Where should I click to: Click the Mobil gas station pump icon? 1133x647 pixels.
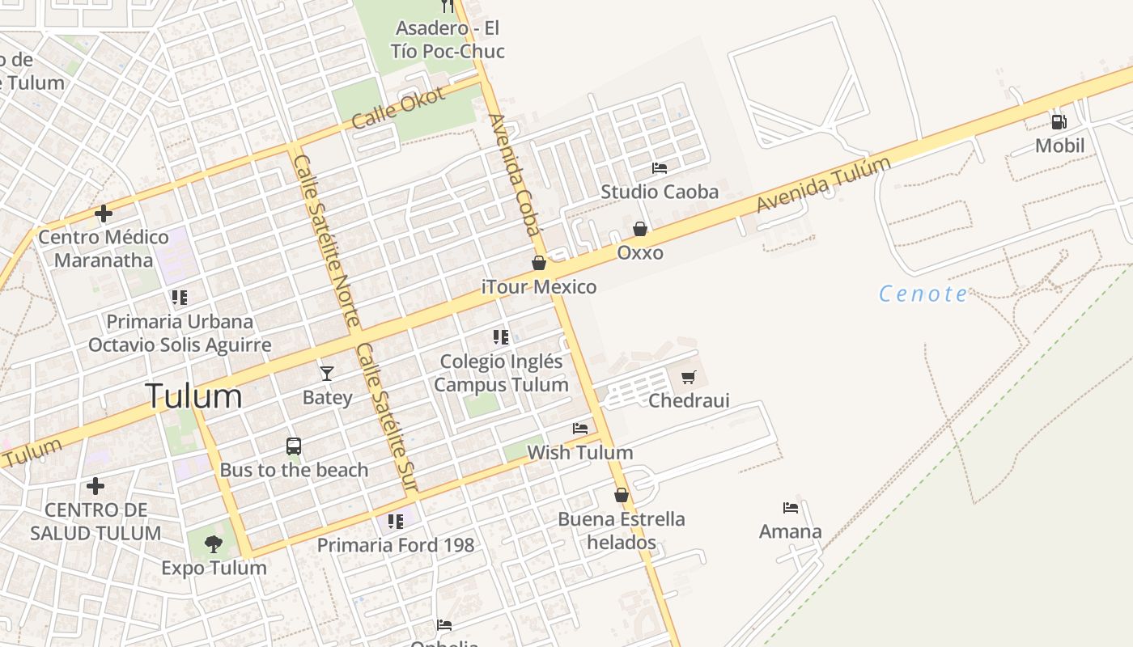pyautogui.click(x=1059, y=122)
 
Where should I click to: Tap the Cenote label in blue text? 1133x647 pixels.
pyautogui.click(x=923, y=294)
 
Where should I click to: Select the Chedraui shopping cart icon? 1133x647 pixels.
pyautogui.click(x=689, y=377)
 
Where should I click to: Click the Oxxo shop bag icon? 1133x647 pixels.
pyautogui.click(x=640, y=229)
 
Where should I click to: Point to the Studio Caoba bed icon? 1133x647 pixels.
pyautogui.click(x=660, y=168)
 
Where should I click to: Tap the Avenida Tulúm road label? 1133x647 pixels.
pyautogui.click(x=823, y=185)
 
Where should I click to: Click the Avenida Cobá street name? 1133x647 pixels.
pyautogui.click(x=514, y=175)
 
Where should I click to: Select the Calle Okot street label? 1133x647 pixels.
pyautogui.click(x=399, y=108)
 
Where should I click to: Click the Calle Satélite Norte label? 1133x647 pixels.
pyautogui.click(x=326, y=240)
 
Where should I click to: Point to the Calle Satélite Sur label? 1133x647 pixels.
pyautogui.click(x=386, y=417)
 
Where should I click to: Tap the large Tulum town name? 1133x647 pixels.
pyautogui.click(x=193, y=396)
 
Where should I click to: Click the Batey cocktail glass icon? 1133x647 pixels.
pyautogui.click(x=327, y=373)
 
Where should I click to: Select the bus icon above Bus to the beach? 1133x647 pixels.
pyautogui.click(x=294, y=446)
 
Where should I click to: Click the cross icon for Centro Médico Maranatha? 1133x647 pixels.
pyautogui.click(x=104, y=214)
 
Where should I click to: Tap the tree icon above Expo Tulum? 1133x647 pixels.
pyautogui.click(x=214, y=543)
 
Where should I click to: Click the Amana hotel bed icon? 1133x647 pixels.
pyautogui.click(x=791, y=508)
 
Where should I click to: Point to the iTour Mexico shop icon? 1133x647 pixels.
pyautogui.click(x=539, y=263)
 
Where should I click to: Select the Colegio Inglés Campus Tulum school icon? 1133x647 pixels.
pyautogui.click(x=501, y=336)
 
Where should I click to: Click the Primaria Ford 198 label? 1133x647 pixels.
pyautogui.click(x=396, y=545)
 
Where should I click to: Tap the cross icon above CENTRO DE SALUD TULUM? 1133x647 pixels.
pyautogui.click(x=95, y=486)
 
